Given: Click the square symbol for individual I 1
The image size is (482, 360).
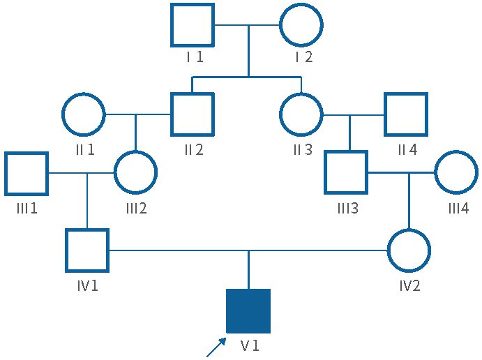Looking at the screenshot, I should [x=193, y=25].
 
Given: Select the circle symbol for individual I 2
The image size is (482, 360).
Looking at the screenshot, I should [x=301, y=25].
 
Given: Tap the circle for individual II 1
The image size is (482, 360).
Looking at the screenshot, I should [x=84, y=114].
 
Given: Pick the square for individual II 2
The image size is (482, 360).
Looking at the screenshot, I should [x=193, y=114].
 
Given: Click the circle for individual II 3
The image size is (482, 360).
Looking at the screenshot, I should [x=301, y=114].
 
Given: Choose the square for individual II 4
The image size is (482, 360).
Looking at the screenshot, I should [x=405, y=114].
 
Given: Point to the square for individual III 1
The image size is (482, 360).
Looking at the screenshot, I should [x=27, y=173].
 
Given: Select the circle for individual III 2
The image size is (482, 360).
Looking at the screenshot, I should [x=135, y=173].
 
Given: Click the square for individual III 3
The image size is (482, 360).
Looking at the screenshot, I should [x=346, y=173].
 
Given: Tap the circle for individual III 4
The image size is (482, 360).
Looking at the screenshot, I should [x=456, y=173].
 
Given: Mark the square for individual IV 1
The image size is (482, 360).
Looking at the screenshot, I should [x=87, y=250].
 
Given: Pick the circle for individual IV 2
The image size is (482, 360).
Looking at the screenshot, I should [x=409, y=250].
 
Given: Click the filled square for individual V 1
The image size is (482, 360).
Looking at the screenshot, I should [x=248, y=310].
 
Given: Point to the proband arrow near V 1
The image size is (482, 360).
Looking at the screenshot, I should [x=216, y=346].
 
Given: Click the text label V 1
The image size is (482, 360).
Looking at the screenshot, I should [x=250, y=345].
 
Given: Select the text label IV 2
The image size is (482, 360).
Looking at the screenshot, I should [x=409, y=285].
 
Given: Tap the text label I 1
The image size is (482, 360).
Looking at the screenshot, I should [x=195, y=57].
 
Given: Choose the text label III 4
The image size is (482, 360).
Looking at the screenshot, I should [x=459, y=208].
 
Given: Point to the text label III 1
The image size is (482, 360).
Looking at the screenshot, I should [x=27, y=208].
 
